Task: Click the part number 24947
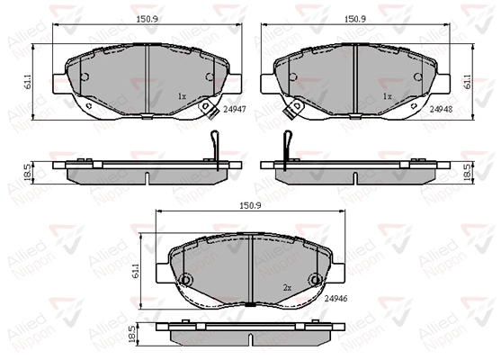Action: tap(235, 109)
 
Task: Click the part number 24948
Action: tap(442, 109)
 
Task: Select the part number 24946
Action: tap(335, 299)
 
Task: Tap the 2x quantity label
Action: tap(287, 288)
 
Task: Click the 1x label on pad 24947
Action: tap(182, 96)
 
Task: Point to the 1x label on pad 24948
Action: tap(388, 96)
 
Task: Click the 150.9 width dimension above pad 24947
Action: tap(148, 19)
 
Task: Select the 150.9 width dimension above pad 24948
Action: tap(355, 19)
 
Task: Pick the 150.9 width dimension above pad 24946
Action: tap(250, 205)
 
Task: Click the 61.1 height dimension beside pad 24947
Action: tap(28, 82)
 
